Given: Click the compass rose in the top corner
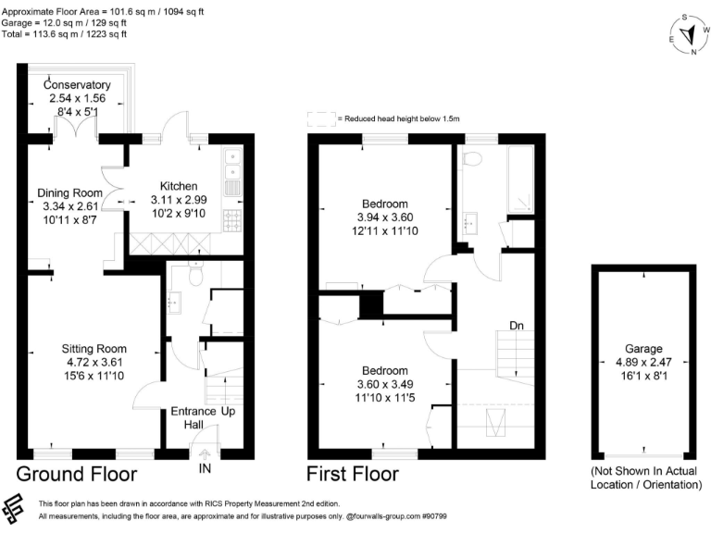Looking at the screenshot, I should pyautogui.click(x=688, y=35).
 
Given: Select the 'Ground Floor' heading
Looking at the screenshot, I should pyautogui.click(x=77, y=475).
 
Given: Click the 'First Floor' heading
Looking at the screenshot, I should pyautogui.click(x=353, y=475).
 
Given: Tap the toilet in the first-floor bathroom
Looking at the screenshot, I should pyautogui.click(x=473, y=158).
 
